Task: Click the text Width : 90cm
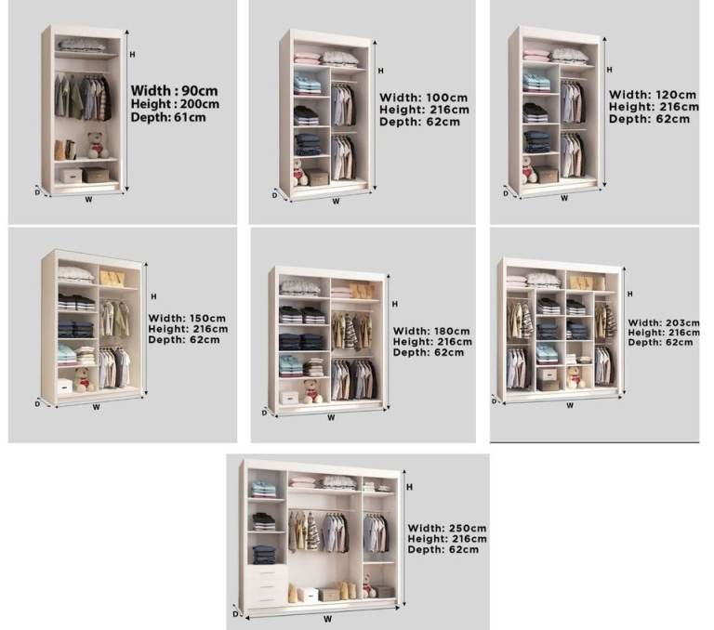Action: coord(175,90)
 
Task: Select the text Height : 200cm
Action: coord(175,104)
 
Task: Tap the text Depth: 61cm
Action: coord(168,117)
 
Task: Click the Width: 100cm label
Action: coord(424,98)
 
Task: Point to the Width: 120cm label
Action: coord(653,95)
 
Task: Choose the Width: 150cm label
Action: coord(187,318)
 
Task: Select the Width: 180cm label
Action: coord(431,331)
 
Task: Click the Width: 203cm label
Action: coord(664,322)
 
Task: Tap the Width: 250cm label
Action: coord(447,528)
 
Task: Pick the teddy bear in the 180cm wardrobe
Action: coord(312,391)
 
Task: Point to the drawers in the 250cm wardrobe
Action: coord(268,585)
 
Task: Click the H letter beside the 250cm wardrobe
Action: coord(409,487)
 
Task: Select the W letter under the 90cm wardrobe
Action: coord(89,200)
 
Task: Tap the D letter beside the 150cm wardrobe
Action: coord(38,404)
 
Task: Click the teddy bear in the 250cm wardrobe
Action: coord(369,585)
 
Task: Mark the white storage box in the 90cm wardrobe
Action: coord(71,176)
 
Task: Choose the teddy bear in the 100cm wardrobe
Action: coord(300,173)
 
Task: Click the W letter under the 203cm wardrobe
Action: coord(570,405)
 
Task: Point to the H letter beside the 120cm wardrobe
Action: coord(609,70)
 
